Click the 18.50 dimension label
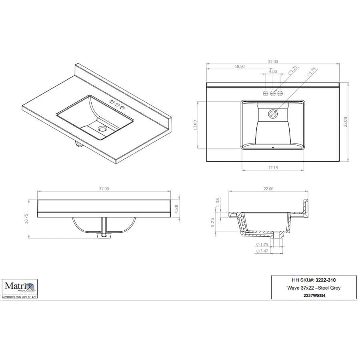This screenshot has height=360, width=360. pyautogui.click(x=240, y=67)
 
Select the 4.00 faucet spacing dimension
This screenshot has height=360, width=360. pyautogui.click(x=273, y=72)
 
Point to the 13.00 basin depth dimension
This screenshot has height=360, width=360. pyautogui.click(x=195, y=125)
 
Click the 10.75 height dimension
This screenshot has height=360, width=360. pyautogui.click(x=27, y=218)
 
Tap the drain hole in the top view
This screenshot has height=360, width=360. pyautogui.click(x=273, y=114)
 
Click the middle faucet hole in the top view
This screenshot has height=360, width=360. pyautogui.click(x=273, y=93)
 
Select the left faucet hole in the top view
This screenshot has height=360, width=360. pyautogui.click(x=266, y=93)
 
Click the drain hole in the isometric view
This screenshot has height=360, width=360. pyautogui.click(x=103, y=129)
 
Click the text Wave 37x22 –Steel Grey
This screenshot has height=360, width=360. pyautogui.click(x=314, y=288)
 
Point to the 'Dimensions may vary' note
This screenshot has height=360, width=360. pyautogui.click(x=20, y=297)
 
